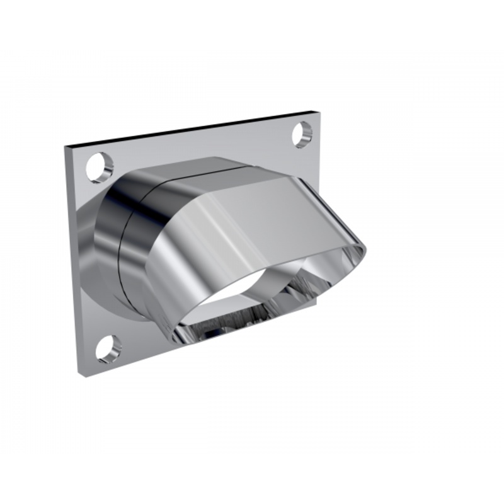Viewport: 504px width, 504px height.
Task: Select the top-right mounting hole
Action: point(302,134)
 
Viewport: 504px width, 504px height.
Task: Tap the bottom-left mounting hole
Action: point(108,348)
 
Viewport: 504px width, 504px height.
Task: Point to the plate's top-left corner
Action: point(66,147)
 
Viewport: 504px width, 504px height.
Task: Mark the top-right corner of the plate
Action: point(312,113)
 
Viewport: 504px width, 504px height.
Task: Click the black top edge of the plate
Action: point(189,129)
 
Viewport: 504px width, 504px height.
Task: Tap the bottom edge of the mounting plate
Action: point(126,365)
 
